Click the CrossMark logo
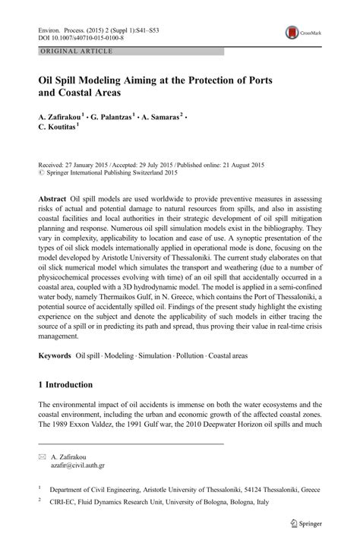coord(302,33)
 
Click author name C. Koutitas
coord(57,128)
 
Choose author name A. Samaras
coord(162,117)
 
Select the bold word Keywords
coord(55,355)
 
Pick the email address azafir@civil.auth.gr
coord(77,464)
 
